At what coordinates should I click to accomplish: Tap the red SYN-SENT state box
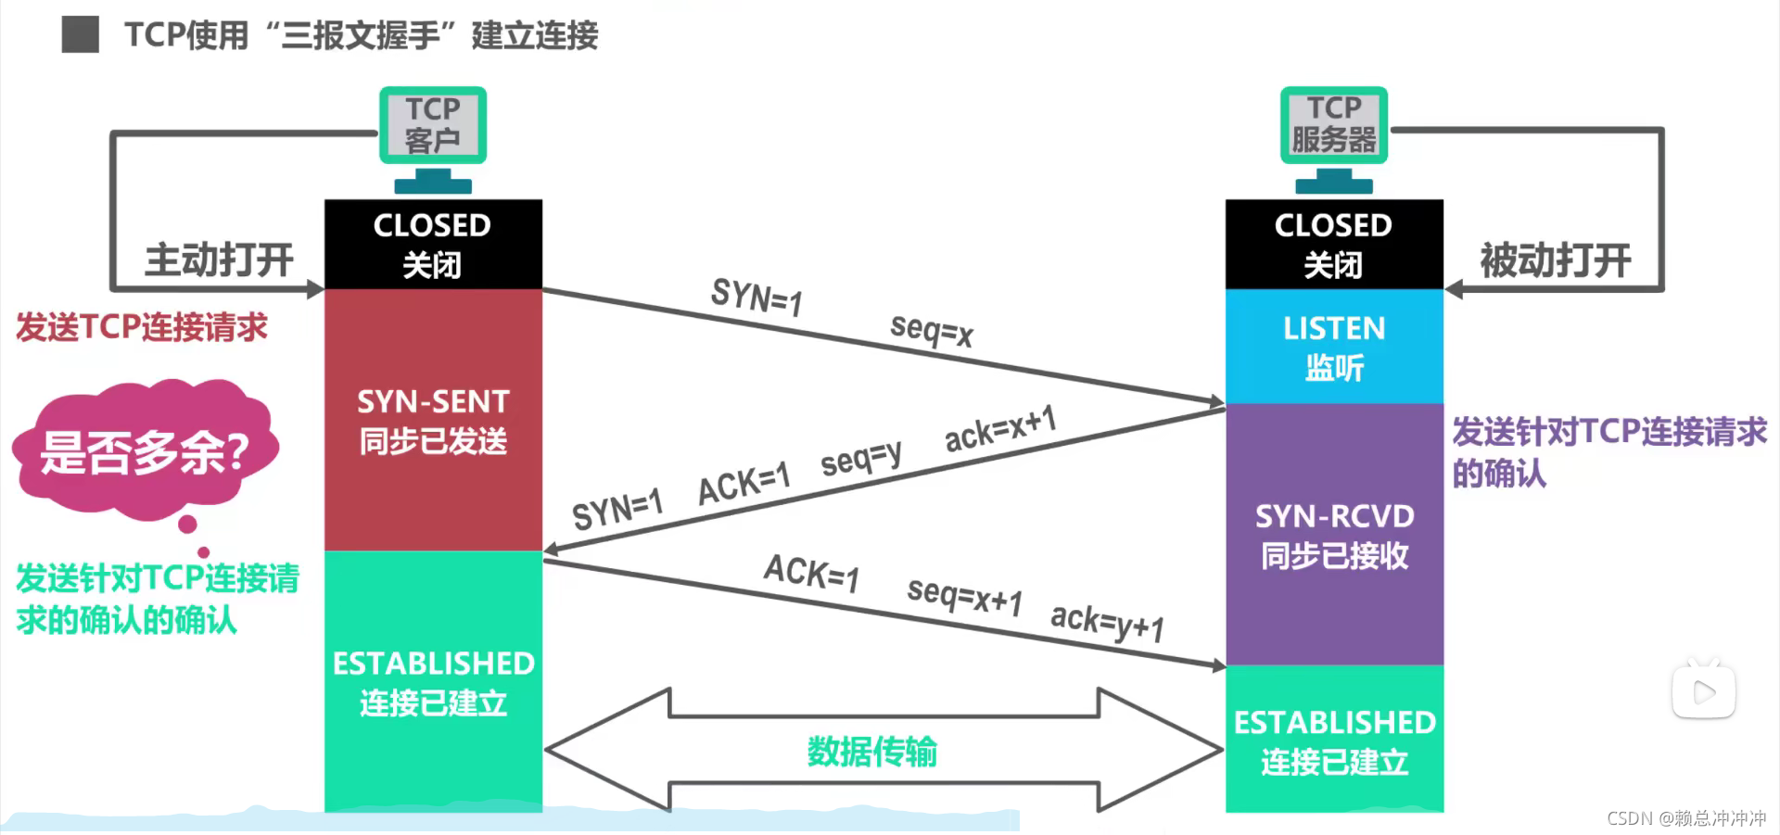click(433, 421)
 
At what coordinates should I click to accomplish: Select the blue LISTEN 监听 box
click(1334, 347)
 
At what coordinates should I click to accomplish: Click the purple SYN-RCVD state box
click(1334, 535)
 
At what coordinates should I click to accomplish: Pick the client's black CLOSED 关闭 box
click(433, 245)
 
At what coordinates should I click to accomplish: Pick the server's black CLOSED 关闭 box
click(1334, 245)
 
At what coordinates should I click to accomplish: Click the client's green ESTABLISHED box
click(433, 682)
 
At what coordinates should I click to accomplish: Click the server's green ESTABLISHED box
click(1334, 740)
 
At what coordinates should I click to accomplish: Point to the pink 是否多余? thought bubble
click(145, 450)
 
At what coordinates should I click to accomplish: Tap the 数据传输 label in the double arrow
click(871, 752)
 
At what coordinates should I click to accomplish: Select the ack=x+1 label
click(1000, 428)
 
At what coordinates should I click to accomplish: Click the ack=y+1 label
click(1106, 622)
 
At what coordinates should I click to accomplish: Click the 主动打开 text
click(219, 259)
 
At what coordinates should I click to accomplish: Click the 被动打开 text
click(1555, 259)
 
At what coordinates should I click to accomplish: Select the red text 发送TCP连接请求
click(142, 327)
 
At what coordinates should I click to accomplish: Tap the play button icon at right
click(1703, 691)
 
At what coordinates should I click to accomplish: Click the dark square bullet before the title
click(81, 35)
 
